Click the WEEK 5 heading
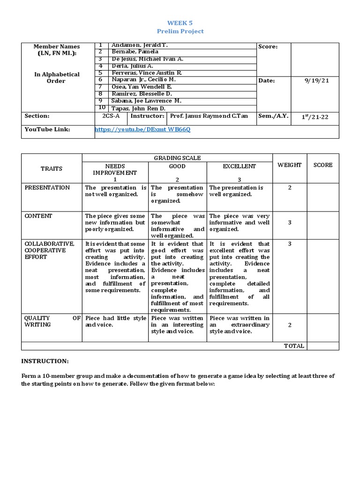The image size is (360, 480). [180, 22]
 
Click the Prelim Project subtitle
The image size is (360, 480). [180, 31]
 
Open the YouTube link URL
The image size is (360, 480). [142, 129]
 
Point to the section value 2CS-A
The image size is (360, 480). [111, 116]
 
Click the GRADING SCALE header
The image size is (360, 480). [177, 158]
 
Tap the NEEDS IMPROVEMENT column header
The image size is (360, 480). [115, 169]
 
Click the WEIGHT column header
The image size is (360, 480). [290, 165]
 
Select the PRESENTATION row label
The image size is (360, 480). [47, 187]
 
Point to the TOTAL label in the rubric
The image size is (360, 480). [294, 346]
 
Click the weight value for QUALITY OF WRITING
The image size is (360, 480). [290, 324]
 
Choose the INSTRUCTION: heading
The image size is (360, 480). [45, 361]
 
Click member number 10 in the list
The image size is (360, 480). [101, 108]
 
